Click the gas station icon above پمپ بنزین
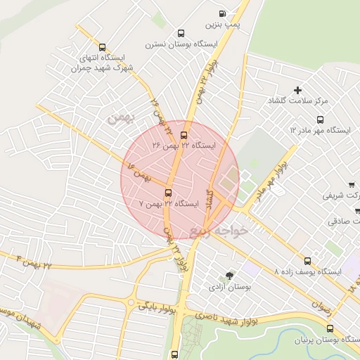pyautogui.click(x=223, y=13)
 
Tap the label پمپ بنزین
pyautogui.click(x=223, y=25)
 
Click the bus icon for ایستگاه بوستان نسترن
pyautogui.click(x=181, y=33)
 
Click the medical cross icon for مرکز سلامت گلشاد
pyautogui.click(x=298, y=90)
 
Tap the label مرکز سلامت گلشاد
pyautogui.click(x=298, y=101)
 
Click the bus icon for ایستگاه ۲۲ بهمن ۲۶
pyautogui.click(x=184, y=135)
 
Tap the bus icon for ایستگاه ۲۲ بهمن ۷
pyautogui.click(x=168, y=193)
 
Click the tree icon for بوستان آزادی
pyautogui.click(x=229, y=276)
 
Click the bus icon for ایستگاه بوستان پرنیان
pyautogui.click(x=330, y=328)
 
